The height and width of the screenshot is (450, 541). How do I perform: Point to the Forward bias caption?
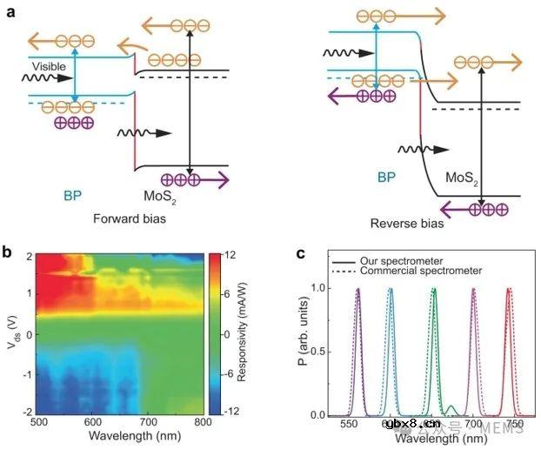128,219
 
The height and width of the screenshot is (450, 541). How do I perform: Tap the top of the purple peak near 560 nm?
357,290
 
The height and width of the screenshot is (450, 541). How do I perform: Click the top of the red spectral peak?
508,290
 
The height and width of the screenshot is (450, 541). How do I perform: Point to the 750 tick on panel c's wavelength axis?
515,426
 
